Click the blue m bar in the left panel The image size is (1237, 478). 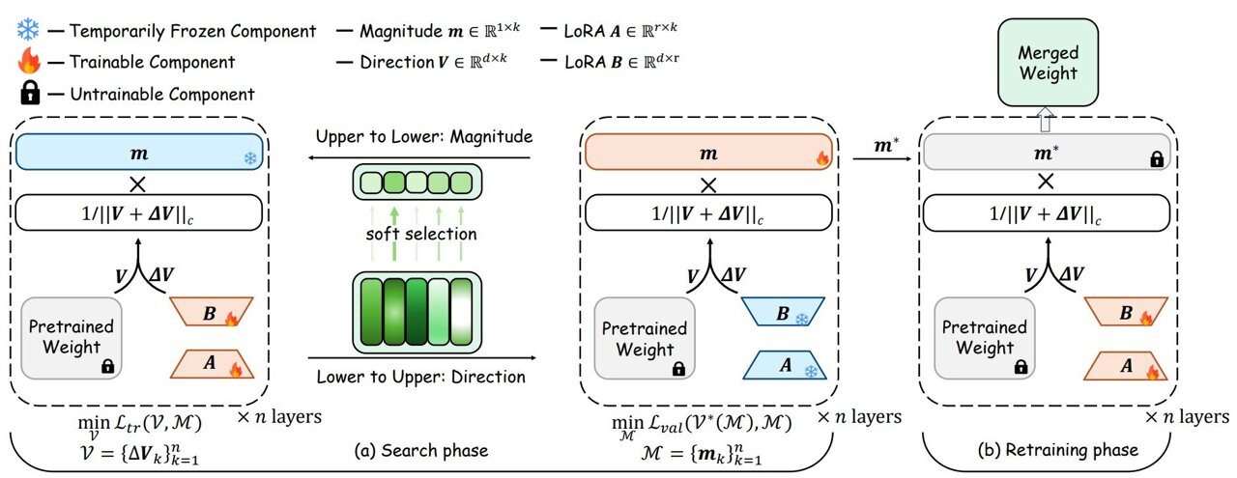click(x=141, y=153)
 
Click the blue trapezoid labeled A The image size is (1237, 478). click(x=786, y=368)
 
